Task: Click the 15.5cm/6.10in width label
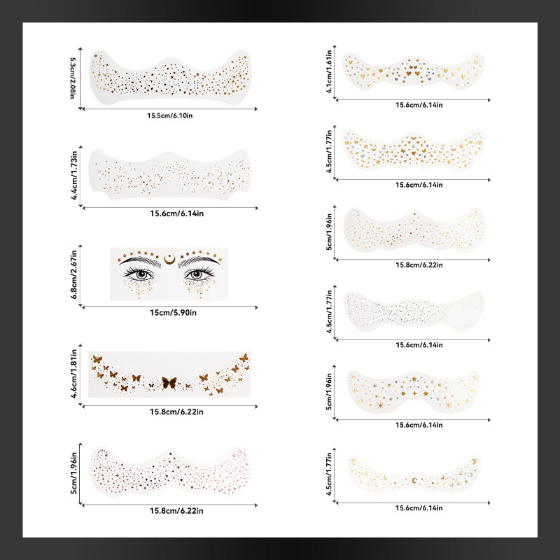169,115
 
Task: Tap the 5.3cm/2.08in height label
73,78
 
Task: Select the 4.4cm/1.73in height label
74,176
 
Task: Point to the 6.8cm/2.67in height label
73,274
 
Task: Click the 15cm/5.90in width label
173,312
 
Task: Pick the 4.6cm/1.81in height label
73,374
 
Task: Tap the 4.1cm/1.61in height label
329,71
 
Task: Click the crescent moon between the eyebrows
169,259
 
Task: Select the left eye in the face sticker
140,274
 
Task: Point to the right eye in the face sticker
199,274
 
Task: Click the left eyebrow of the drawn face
140,261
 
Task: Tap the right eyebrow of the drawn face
199,261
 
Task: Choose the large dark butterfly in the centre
169,383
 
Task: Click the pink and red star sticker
169,471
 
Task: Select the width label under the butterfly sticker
176,412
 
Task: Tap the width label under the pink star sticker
176,511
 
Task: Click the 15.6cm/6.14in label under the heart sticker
419,105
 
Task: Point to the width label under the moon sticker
419,508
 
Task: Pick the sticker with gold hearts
413,71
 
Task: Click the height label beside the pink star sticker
73,473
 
